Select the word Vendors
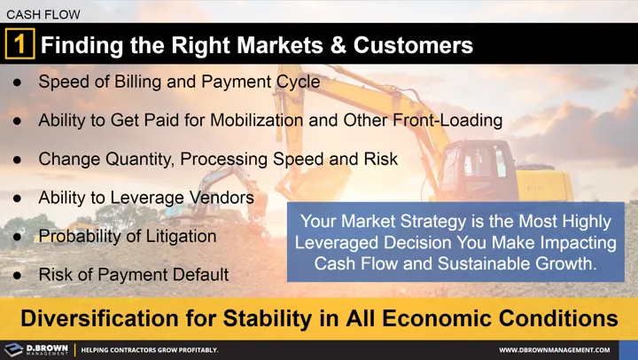click(x=222, y=198)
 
